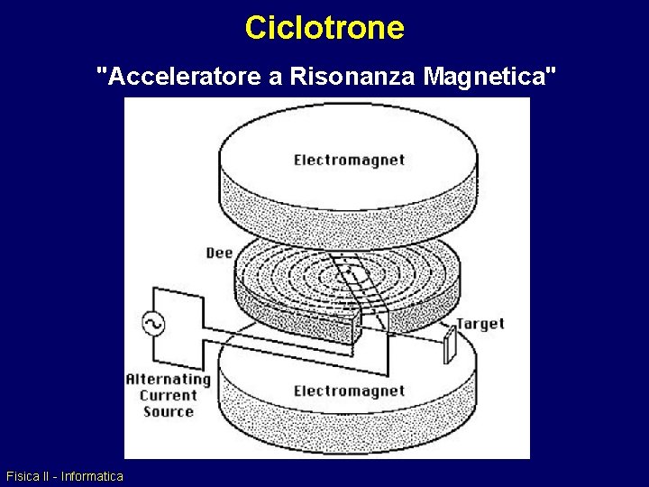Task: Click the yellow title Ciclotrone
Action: (x=324, y=27)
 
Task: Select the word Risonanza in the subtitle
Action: (x=353, y=77)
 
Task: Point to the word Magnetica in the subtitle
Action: (x=487, y=77)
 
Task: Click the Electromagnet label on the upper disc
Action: (x=350, y=161)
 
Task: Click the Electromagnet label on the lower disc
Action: (x=350, y=391)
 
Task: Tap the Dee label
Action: (x=220, y=253)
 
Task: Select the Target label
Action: (x=480, y=324)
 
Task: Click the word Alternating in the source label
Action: (x=168, y=380)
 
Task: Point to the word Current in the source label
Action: (x=168, y=395)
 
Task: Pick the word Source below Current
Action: (x=168, y=411)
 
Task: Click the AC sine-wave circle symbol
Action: (x=153, y=324)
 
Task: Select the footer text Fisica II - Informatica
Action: (x=65, y=476)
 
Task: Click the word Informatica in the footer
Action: (x=92, y=476)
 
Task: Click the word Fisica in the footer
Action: (x=22, y=476)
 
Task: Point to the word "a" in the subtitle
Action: (x=276, y=77)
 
